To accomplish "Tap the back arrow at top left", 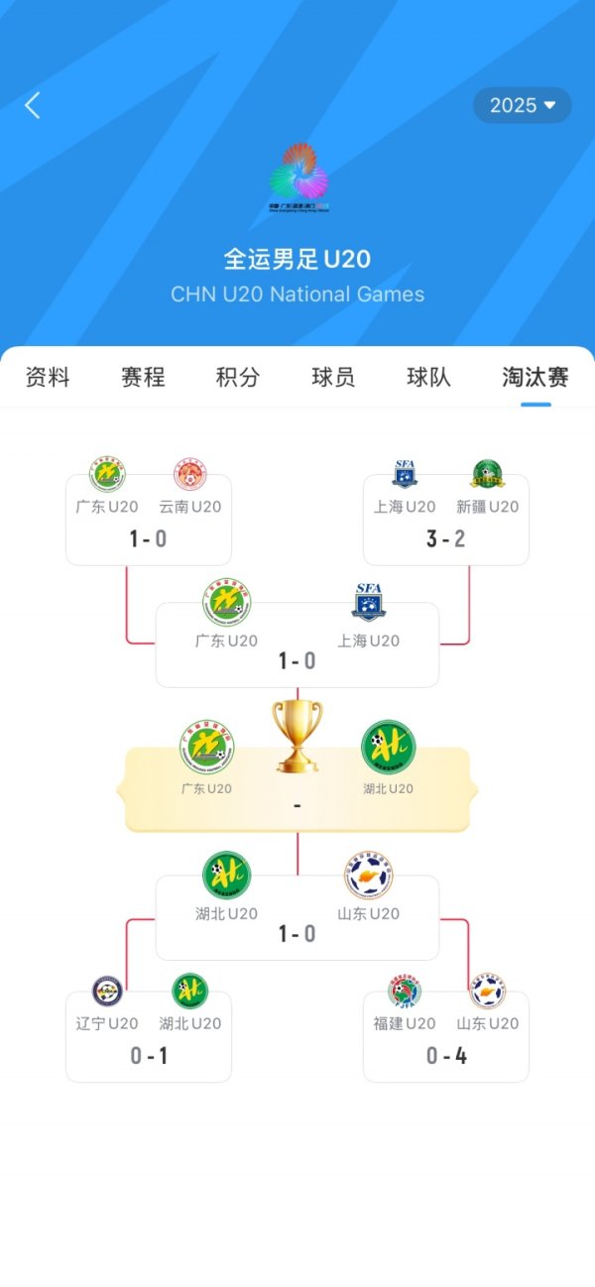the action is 33,105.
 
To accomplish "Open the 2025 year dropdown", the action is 522,105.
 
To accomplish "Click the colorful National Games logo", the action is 298,178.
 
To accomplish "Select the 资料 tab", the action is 48,377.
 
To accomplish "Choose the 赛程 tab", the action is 143,377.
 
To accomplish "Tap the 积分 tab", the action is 238,377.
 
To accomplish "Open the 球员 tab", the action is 333,377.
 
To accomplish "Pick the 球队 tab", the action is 428,377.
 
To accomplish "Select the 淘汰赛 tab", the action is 535,377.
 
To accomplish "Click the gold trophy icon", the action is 297,736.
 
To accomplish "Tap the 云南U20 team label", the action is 190,507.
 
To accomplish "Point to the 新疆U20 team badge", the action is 487,474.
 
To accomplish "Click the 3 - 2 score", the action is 446,538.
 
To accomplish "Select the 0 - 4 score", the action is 446,1056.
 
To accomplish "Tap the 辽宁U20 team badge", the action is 107,991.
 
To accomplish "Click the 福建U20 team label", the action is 405,1023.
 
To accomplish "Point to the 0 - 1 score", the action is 149,1056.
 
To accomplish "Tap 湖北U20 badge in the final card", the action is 388,748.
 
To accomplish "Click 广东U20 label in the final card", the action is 206,789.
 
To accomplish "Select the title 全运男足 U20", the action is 297,260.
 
